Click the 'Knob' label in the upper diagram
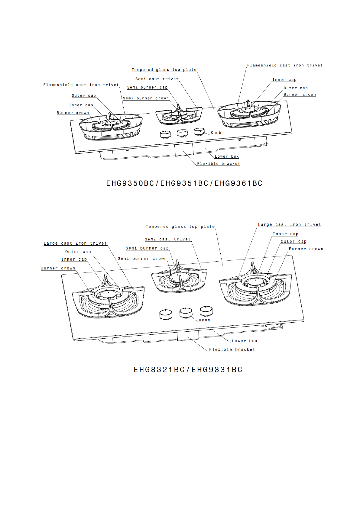(216, 133)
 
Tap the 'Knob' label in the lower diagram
(204, 320)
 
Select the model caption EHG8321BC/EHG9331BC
(188, 370)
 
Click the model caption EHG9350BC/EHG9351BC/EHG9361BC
(184, 183)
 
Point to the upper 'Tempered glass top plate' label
(164, 70)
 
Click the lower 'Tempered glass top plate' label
(180, 227)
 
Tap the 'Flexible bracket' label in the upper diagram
(219, 164)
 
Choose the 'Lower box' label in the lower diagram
(245, 341)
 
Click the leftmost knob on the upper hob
(165, 134)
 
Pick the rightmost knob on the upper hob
(199, 131)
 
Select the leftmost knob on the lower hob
(166, 314)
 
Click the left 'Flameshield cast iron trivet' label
(81, 85)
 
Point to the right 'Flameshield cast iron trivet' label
(285, 65)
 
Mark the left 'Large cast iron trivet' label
(75, 243)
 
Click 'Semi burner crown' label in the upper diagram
(146, 98)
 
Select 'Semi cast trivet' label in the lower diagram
(168, 239)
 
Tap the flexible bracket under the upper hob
(184, 150)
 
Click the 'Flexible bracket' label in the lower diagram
(232, 350)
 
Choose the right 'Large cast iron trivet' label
(289, 225)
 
